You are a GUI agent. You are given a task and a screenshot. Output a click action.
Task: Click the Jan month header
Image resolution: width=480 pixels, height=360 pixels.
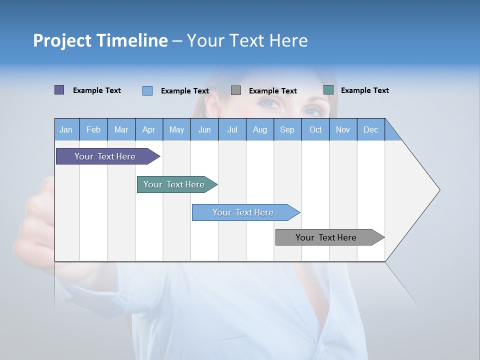(66, 129)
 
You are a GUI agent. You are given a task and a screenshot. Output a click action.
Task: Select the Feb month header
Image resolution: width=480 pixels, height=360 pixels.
(93, 129)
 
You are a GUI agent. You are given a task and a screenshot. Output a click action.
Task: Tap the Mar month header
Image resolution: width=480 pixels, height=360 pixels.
(121, 129)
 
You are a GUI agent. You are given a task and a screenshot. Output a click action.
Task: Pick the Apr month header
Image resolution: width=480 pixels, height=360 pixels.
(149, 129)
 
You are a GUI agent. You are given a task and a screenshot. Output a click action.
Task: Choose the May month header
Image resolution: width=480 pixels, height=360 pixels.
(176, 129)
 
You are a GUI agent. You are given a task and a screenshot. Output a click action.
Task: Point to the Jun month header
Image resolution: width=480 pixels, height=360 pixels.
(204, 129)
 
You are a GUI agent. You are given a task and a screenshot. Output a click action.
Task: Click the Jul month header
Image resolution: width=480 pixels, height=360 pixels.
(232, 129)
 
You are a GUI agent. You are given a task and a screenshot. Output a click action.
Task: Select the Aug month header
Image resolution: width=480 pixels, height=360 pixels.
(260, 129)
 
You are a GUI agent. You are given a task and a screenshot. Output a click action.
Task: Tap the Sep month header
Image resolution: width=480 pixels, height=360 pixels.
(287, 129)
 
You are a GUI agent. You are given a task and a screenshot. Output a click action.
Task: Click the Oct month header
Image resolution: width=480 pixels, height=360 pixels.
(315, 129)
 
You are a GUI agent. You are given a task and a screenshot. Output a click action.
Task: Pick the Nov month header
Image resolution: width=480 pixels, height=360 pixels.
(343, 129)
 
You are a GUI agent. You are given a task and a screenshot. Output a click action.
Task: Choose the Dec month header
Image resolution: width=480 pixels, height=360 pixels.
(371, 129)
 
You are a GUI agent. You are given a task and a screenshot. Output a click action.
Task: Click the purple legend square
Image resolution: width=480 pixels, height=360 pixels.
(59, 90)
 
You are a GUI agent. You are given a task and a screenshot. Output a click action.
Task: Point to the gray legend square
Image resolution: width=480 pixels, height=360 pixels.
(236, 90)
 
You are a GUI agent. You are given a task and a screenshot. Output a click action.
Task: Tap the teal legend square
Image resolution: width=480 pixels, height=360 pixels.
(328, 90)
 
